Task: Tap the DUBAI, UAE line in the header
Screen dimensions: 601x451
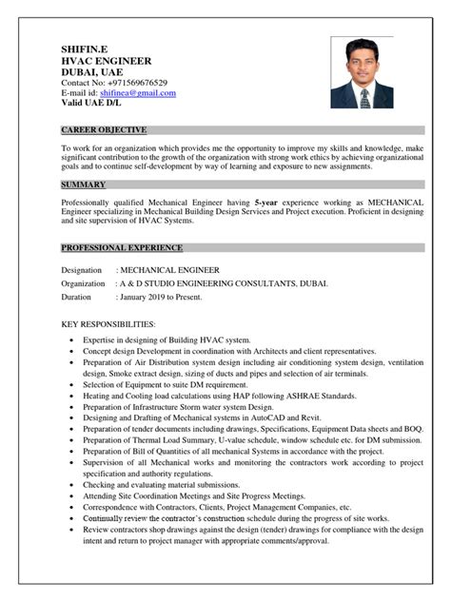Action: tap(90, 72)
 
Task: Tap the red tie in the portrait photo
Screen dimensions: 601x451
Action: tap(363, 99)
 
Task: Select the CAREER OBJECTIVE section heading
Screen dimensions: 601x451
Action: tap(105, 128)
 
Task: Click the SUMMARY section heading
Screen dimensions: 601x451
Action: tap(84, 184)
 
